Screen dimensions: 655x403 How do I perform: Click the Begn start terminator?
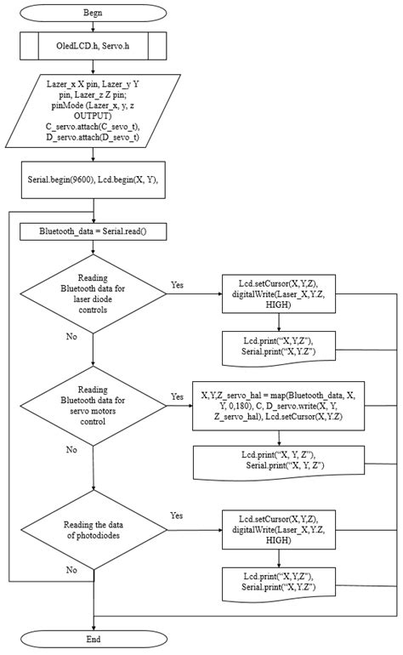93,14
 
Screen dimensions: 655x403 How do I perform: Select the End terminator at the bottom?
93,639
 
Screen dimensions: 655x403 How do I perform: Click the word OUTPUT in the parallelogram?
93,116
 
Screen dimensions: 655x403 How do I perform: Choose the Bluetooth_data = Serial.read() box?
93,231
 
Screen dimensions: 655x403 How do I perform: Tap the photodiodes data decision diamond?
93,528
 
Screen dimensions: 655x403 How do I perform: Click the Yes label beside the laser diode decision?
177,285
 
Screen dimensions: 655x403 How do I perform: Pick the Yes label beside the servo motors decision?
177,396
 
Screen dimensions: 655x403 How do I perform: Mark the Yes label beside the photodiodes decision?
177,515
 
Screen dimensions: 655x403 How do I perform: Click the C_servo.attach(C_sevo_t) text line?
93,126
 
